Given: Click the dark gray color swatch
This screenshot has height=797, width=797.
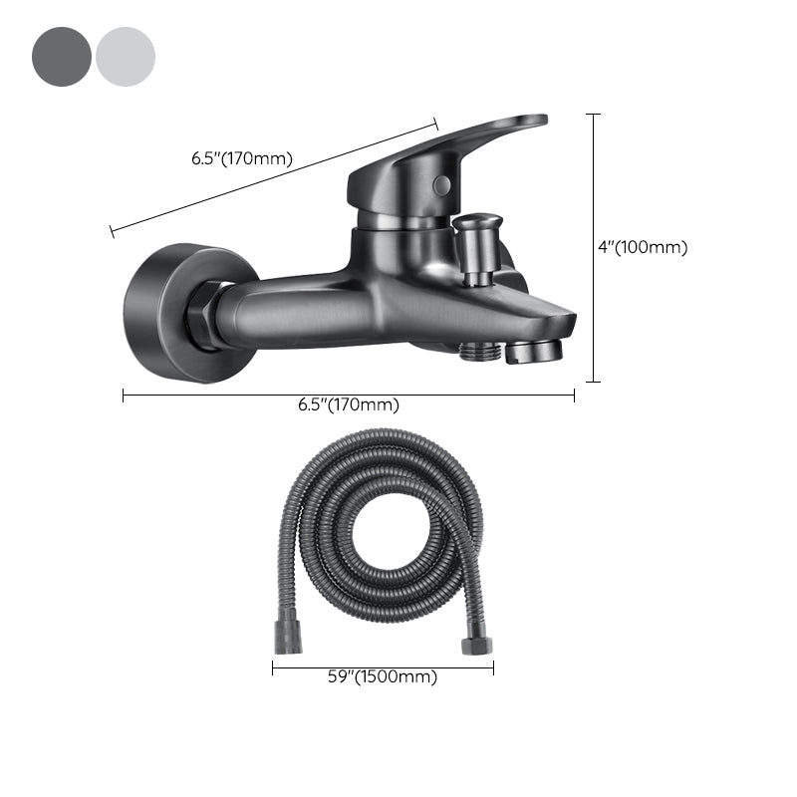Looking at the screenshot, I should [62, 57].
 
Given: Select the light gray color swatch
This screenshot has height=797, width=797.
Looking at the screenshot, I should [126, 57].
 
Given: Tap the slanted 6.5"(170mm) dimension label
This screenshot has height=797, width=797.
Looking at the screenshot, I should [241, 157].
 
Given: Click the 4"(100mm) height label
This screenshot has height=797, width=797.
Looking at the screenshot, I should [643, 247].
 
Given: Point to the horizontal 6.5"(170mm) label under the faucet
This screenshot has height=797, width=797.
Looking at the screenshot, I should [349, 404].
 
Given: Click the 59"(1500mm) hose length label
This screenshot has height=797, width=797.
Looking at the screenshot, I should [384, 677].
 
